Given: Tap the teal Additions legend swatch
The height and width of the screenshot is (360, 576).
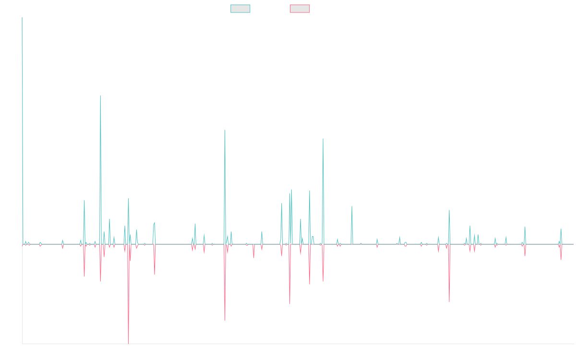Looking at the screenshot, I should (240, 9).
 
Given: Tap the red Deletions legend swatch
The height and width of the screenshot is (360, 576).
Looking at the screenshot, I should (300, 9).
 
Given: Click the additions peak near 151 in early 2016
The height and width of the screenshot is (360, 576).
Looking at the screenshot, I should (100, 96).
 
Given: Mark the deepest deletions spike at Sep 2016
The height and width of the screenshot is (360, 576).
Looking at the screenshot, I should (128, 343).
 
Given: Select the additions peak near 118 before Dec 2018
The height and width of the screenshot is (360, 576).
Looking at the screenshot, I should (225, 130).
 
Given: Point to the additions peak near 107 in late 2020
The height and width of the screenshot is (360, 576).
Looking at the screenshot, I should (323, 139).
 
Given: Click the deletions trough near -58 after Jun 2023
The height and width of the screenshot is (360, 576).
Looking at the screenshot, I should (449, 301).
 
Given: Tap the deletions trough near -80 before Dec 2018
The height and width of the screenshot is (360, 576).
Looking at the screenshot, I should (225, 320).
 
